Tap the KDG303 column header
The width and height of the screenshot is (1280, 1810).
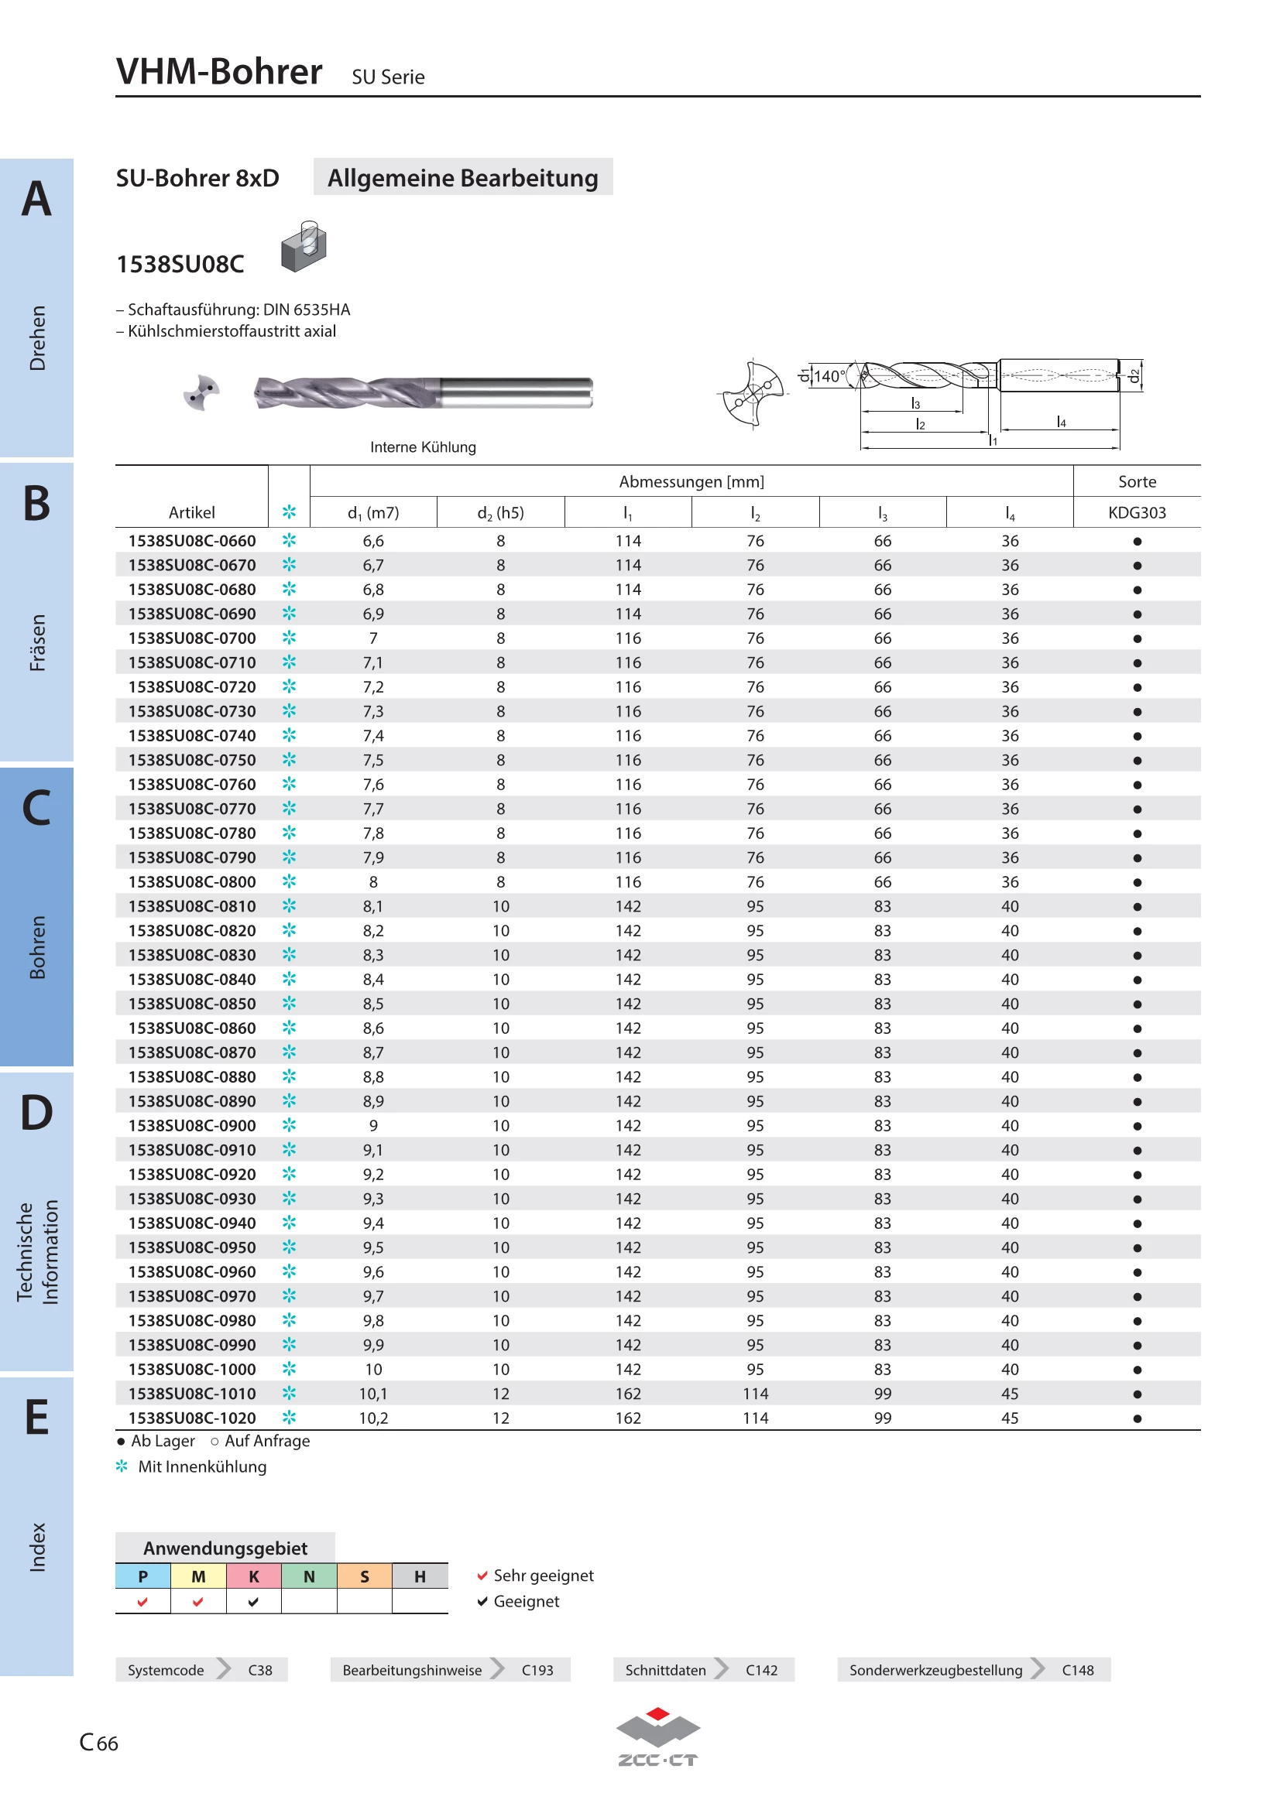pos(1137,512)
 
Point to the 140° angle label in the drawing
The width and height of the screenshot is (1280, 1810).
pos(829,376)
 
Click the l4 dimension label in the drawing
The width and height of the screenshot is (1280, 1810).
pos(1062,422)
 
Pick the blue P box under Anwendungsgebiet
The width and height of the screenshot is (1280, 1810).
pos(142,1576)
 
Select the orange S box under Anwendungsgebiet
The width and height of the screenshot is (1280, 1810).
pos(365,1576)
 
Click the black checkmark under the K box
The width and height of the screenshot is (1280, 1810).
pos(253,1602)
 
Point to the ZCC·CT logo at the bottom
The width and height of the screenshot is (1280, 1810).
pos(657,1737)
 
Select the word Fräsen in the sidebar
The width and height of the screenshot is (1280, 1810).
pos(37,642)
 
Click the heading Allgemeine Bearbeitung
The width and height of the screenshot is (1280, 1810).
pos(463,178)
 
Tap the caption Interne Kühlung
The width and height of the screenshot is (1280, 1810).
pos(424,447)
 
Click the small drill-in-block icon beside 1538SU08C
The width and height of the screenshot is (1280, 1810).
pos(304,247)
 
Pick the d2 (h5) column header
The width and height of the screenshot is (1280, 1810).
pos(501,513)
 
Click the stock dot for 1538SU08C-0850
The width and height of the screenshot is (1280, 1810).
pos(1138,1004)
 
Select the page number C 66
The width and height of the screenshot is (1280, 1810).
pos(98,1742)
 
